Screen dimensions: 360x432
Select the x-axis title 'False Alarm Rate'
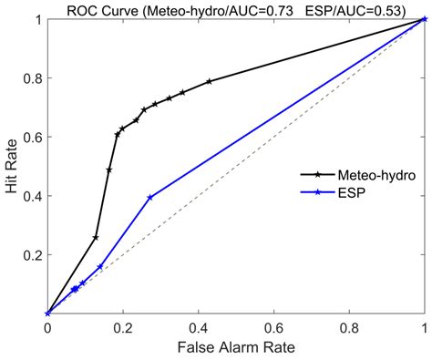coord(236,348)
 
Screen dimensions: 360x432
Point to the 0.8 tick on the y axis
coord(32,77)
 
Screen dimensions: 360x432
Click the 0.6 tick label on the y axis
coord(32,137)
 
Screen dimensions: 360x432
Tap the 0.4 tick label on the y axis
coord(32,196)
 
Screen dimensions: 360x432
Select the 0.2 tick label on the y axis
coord(32,254)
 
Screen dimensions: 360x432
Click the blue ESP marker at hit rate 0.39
coord(149,198)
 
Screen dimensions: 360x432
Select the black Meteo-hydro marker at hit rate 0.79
coord(209,81)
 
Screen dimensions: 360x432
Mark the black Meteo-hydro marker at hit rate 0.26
coord(96,237)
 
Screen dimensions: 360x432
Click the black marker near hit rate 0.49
coord(109,170)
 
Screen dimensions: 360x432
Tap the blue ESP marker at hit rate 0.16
coord(99,267)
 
